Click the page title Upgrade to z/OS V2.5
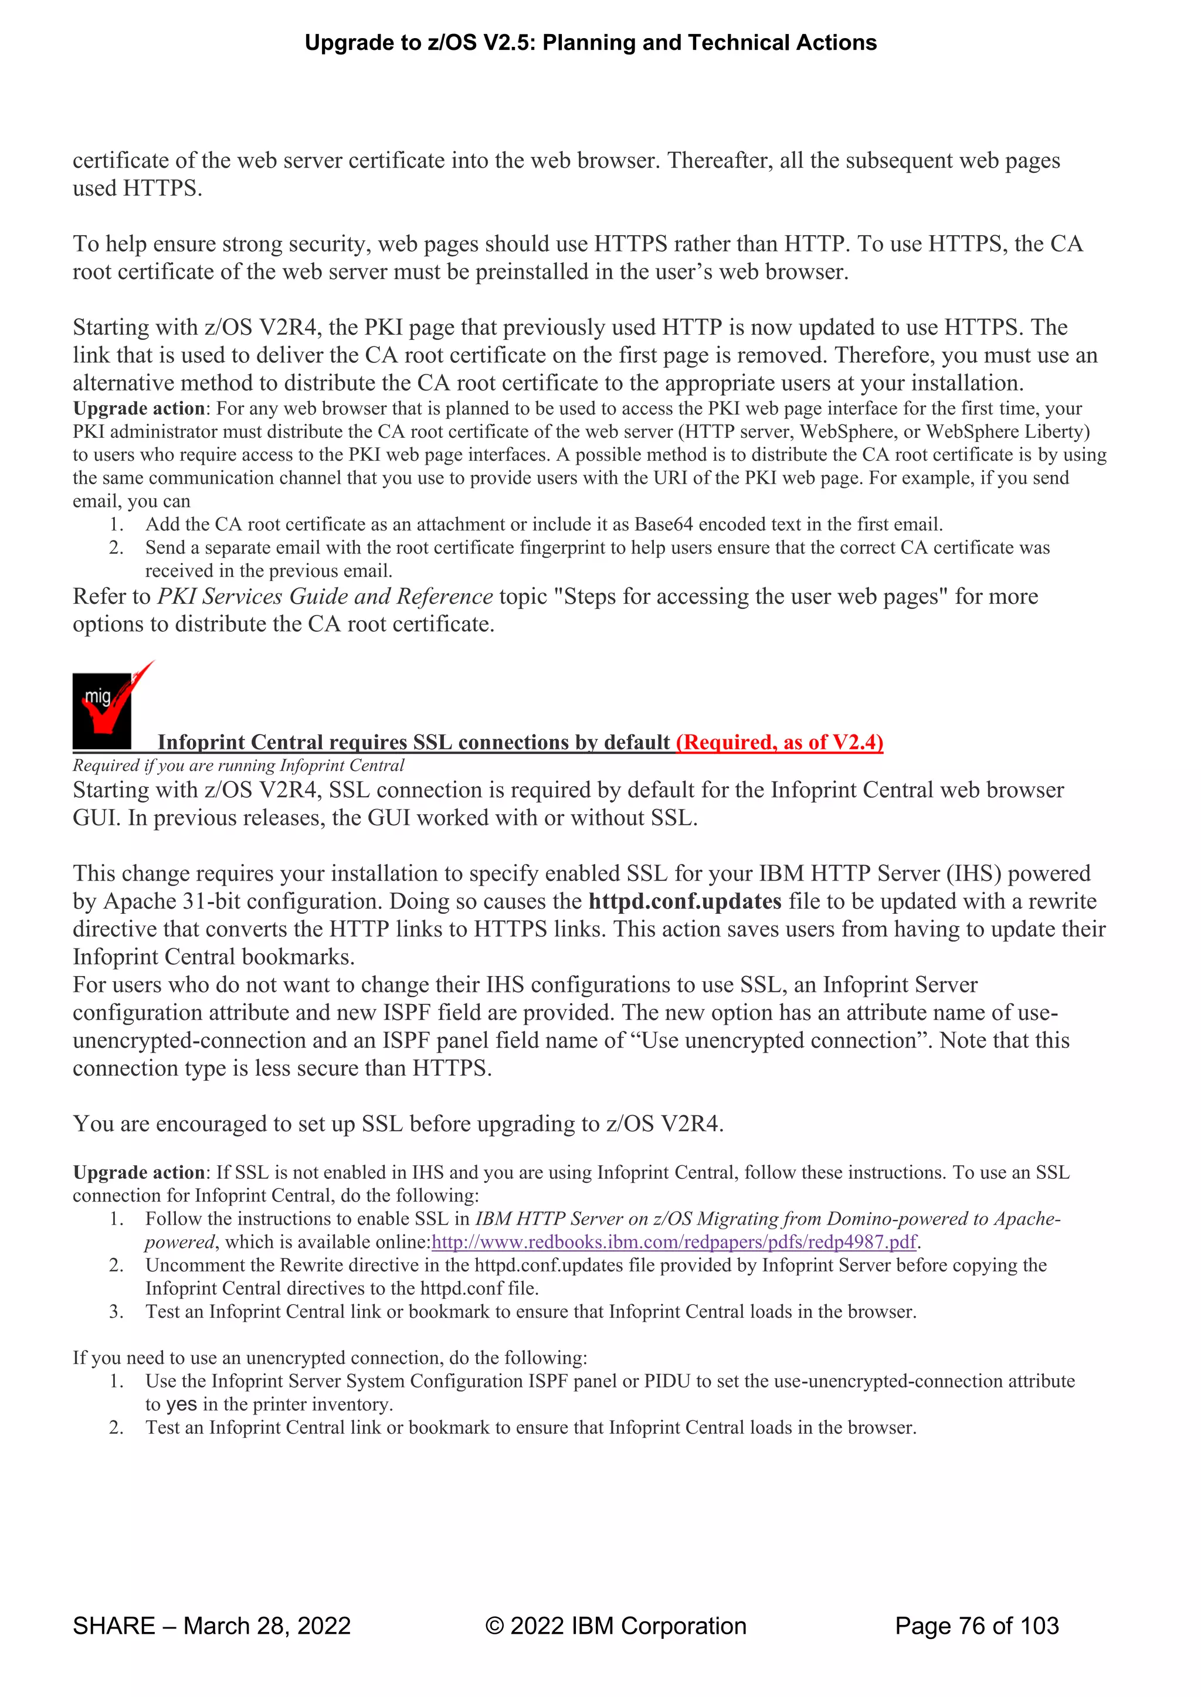[590, 43]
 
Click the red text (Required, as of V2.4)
[779, 742]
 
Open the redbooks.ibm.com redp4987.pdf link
[674, 1242]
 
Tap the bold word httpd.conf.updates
[685, 902]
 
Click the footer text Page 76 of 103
[976, 1625]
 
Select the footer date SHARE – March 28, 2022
[212, 1625]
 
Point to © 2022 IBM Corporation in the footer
[615, 1625]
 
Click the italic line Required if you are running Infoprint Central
[238, 766]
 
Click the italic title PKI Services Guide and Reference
[325, 597]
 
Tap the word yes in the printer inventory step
[181, 1404]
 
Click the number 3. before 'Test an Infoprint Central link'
[116, 1312]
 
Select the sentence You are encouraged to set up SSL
[398, 1124]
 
